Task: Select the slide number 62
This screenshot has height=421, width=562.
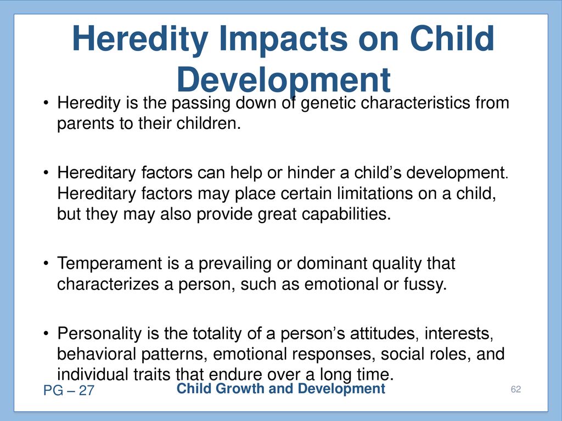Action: click(x=516, y=390)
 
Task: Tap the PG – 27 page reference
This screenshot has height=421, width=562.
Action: click(x=69, y=390)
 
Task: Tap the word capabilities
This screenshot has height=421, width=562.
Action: click(x=346, y=214)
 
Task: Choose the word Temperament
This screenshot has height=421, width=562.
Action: click(x=110, y=264)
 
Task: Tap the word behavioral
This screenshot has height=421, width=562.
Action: click(x=97, y=354)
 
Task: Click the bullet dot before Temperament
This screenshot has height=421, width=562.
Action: click(x=46, y=264)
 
